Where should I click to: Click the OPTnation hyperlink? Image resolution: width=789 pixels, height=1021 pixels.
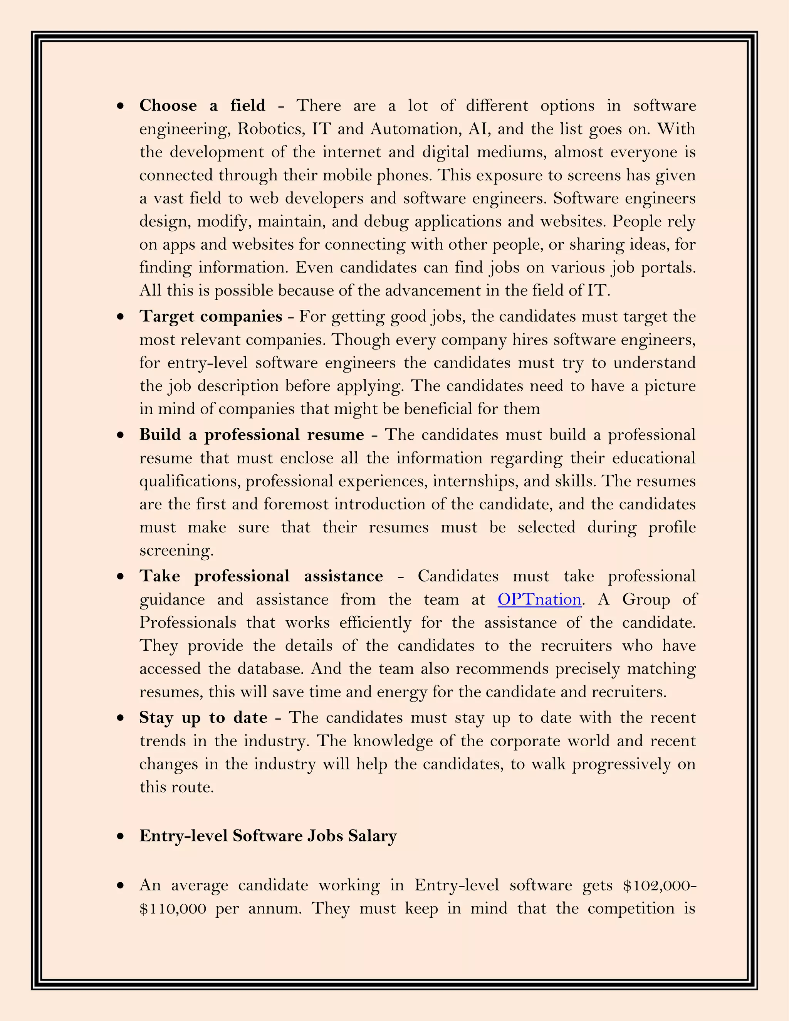tap(539, 600)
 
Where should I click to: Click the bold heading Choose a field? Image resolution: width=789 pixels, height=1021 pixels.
tap(202, 106)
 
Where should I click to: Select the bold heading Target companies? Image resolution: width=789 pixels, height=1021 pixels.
tap(210, 316)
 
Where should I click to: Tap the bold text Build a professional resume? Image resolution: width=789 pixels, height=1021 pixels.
tap(252, 435)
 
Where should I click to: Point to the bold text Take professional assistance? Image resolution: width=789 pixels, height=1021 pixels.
tap(261, 576)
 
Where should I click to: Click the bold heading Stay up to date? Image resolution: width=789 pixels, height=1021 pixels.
tap(203, 718)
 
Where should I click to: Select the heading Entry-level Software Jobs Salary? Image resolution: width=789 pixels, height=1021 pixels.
tap(268, 836)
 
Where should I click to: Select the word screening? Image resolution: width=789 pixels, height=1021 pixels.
tap(176, 551)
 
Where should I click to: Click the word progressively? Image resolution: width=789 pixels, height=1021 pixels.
tap(621, 764)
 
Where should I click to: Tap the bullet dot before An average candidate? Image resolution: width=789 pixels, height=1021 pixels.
tap(121, 885)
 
